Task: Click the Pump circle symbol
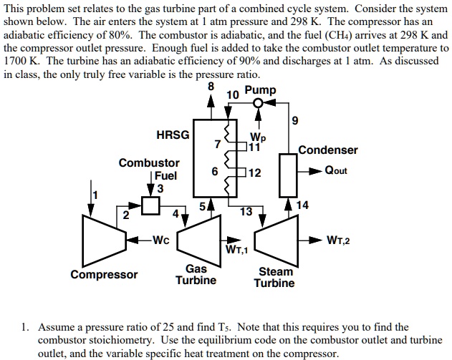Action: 259,102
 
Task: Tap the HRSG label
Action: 173,135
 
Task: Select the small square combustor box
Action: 150,205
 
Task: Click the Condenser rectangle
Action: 288,175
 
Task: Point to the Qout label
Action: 336,170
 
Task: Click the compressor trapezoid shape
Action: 104,240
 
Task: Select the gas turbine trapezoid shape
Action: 199,240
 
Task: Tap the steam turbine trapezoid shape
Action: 277,240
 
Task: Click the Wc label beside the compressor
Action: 161,240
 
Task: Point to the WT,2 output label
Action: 338,240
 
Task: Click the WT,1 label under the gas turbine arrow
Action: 236,249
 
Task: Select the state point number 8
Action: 211,86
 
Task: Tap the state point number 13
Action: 246,212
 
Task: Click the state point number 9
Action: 295,120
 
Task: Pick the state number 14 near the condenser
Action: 302,205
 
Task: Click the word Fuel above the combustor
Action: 165,175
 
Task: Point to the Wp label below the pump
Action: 258,137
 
